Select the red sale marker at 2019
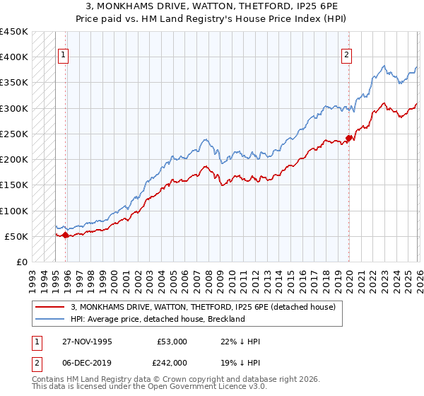[349, 138]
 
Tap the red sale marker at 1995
[65, 235]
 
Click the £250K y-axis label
[14, 134]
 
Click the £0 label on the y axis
[23, 262]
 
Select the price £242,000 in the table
[172, 361]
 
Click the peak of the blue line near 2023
[383, 66]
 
